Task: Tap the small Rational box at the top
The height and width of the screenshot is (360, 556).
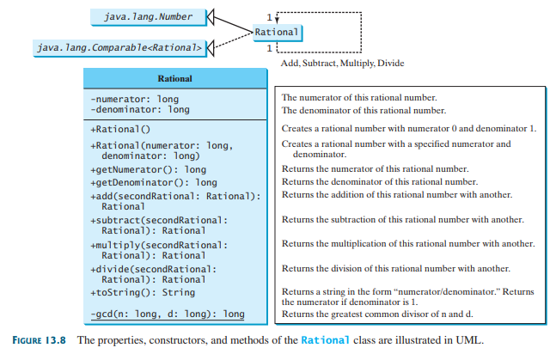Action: pos(277,32)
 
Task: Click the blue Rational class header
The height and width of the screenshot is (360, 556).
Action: pos(174,78)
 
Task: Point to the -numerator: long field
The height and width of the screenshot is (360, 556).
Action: pos(133,99)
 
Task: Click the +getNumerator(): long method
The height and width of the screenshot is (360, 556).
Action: pos(148,169)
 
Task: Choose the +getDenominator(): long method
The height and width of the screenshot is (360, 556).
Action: pos(153,182)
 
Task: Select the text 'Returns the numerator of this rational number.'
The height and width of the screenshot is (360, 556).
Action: pos(375,169)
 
